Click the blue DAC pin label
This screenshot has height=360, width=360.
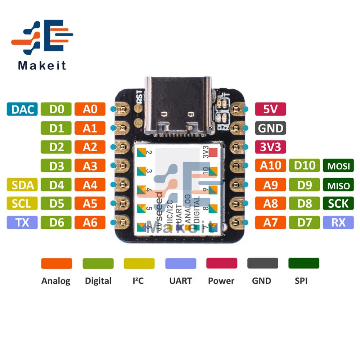pos(22,109)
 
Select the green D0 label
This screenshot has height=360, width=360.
pos(56,109)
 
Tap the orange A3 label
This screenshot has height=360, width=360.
pos(90,166)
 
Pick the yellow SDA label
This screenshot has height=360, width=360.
pos(22,185)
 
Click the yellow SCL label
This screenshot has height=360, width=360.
pos(22,204)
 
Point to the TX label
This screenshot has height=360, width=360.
pos(22,223)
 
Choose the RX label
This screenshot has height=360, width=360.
pos(338,223)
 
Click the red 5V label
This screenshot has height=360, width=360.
pos(270,109)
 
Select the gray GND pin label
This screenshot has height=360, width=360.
pos(270,128)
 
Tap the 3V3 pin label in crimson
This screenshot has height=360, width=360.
pos(270,147)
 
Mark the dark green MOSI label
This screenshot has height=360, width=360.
pos(338,166)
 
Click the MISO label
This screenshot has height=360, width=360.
pos(338,185)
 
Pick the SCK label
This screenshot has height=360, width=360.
pos(338,204)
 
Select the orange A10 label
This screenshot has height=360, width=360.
pos(270,166)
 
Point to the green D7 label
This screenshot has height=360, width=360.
pos(304,223)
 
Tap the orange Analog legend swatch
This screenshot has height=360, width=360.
pos(57,263)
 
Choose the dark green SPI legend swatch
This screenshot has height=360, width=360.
pos(303,263)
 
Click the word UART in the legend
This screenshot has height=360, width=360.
pos(180,281)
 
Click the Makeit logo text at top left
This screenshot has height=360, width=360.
pos(42,66)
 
